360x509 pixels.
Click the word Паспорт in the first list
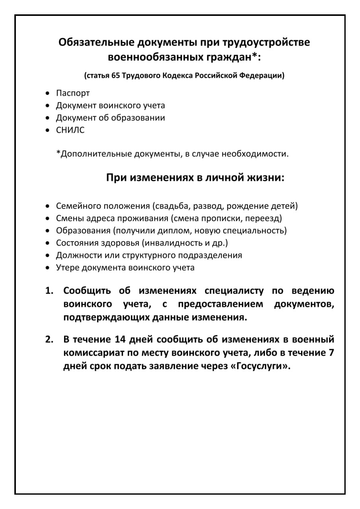(73, 93)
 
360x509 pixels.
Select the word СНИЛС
(70, 130)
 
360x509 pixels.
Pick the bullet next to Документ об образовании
(48, 118)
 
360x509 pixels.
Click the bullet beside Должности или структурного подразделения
(48, 255)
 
